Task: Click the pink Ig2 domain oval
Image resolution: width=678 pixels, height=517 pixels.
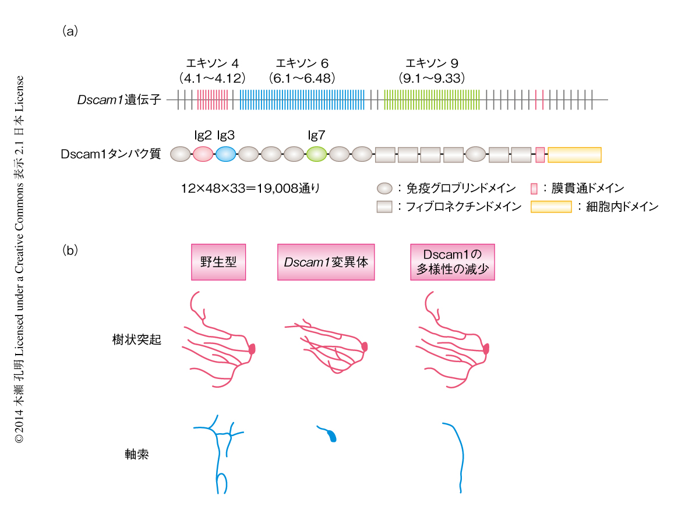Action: tap(203, 154)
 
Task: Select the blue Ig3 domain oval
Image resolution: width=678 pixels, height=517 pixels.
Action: tap(225, 154)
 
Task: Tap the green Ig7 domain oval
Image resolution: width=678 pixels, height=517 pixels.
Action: tap(316, 154)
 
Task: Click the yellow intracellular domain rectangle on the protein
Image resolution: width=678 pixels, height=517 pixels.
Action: tap(574, 154)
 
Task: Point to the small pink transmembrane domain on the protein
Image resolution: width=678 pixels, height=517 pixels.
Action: tap(540, 154)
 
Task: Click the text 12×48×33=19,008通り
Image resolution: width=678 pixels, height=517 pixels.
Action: tap(250, 189)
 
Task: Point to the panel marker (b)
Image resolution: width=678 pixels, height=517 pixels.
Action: tap(70, 251)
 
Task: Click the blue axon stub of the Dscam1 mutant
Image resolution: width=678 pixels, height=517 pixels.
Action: tap(331, 435)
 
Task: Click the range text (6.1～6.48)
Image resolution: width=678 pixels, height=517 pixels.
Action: tap(302, 77)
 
